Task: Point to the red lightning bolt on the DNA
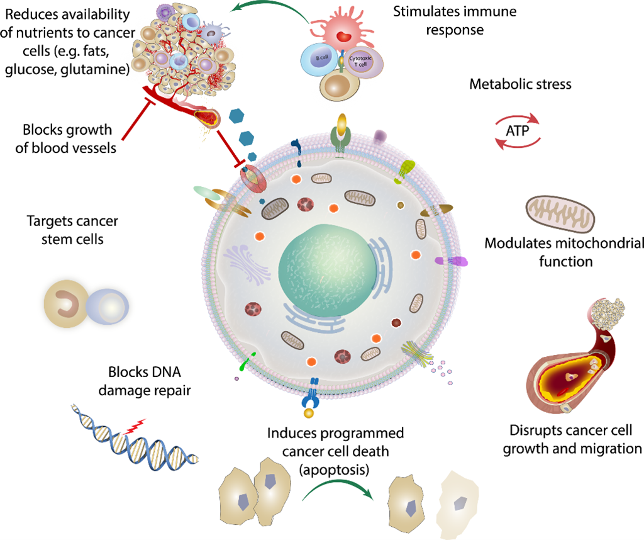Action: tap(136, 426)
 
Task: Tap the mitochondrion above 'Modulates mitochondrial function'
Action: tap(560, 214)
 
